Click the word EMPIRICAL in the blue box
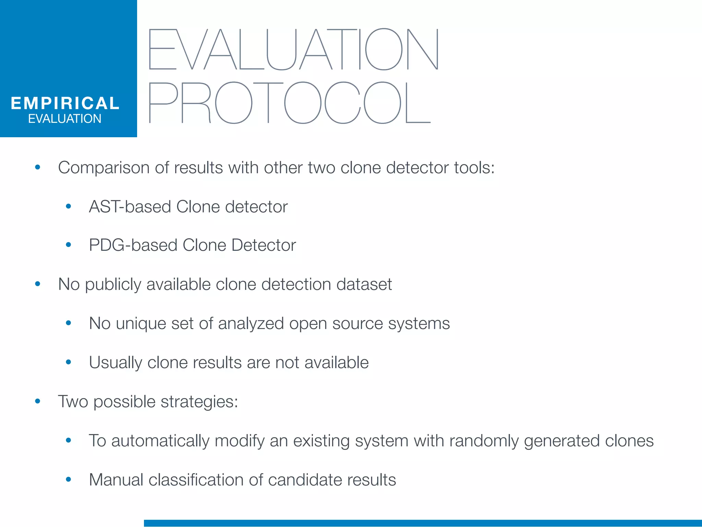65,103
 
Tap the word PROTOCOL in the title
290,103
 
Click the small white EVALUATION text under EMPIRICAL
65,119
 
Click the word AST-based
130,207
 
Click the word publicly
113,285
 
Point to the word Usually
115,363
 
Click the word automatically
160,441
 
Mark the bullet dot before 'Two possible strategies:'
38,401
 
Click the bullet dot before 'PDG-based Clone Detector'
69,245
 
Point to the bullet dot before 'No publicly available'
38,284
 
